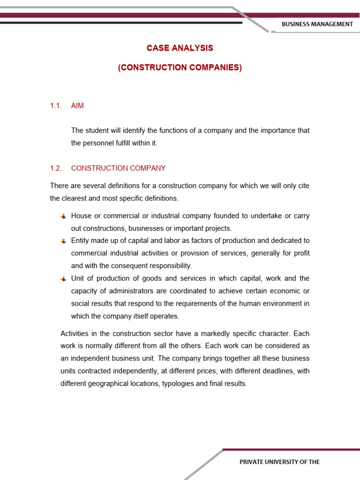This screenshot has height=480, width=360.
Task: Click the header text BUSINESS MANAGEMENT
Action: point(316,24)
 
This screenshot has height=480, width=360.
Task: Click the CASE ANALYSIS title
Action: point(180,48)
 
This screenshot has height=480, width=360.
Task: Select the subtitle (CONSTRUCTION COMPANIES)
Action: point(180,67)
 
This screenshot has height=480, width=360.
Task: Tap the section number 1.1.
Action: point(56,106)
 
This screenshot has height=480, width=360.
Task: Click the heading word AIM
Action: point(77,106)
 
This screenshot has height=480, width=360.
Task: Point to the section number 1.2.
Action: point(56,168)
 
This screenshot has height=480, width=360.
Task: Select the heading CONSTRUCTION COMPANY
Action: point(118,168)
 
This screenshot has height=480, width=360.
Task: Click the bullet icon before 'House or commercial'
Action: point(63,216)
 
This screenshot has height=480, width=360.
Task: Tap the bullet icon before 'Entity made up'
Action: point(63,241)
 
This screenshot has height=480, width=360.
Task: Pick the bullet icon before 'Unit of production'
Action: point(63,278)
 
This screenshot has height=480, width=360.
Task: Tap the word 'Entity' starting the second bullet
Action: point(81,241)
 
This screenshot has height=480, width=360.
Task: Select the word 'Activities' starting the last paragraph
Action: point(75,333)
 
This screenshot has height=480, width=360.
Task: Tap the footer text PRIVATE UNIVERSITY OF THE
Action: point(279,462)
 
